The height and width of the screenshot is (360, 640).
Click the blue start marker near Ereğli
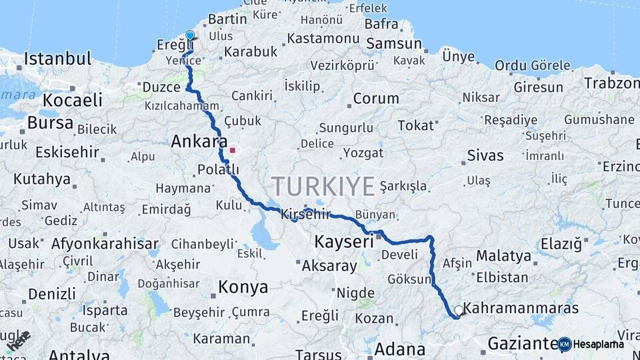190,35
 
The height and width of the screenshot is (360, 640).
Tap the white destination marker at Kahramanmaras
459,310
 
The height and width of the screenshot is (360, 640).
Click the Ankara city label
195,141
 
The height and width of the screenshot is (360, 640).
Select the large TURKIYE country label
323,186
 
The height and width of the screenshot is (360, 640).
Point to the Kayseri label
344,241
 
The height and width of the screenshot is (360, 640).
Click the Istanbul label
57,59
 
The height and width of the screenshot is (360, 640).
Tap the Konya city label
243,287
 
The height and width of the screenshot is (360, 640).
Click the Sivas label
485,155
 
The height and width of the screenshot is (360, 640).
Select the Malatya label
503,256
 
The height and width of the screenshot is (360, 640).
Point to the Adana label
400,349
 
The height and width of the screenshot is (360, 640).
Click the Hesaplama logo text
599,345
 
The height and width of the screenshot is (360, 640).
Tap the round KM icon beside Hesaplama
565,344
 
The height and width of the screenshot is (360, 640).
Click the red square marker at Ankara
232,150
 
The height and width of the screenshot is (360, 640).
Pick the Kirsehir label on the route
306,214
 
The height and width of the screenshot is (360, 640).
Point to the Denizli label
52,293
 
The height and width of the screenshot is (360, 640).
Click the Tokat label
415,125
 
